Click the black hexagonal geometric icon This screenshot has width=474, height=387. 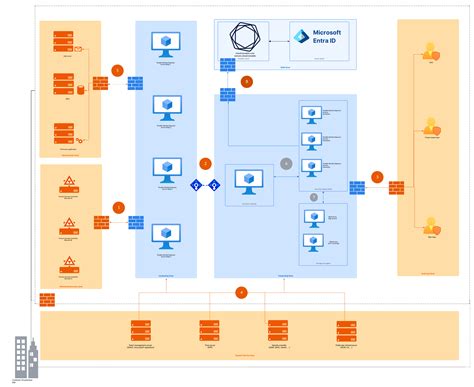[247, 41]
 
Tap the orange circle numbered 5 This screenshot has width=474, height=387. [118, 71]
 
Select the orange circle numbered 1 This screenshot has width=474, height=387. [118, 208]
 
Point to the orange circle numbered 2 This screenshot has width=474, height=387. [206, 162]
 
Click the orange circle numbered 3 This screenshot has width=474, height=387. [377, 176]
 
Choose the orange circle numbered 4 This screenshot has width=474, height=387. [240, 292]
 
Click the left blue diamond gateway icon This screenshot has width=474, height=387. [197, 185]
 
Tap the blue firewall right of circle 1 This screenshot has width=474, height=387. [135, 222]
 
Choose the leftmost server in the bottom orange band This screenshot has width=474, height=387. [140, 329]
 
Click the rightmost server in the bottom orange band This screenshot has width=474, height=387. [344, 329]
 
